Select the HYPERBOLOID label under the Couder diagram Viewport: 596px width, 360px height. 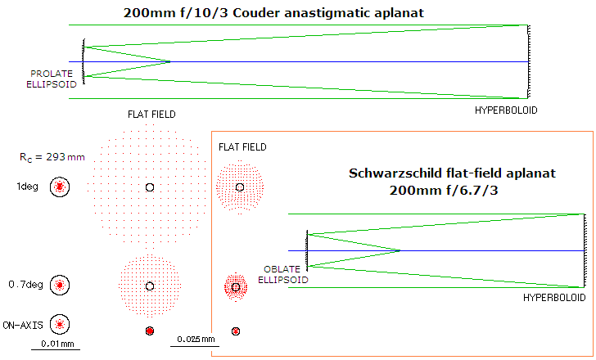pyautogui.click(x=508, y=110)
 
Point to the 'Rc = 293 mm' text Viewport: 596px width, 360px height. pyautogui.click(x=52, y=156)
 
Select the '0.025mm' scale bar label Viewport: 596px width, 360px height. pyautogui.click(x=193, y=339)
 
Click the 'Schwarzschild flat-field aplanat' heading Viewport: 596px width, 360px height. pyautogui.click(x=453, y=173)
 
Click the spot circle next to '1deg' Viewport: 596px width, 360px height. pyautogui.click(x=59, y=187)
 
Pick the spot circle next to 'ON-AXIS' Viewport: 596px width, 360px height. pyautogui.click(x=59, y=324)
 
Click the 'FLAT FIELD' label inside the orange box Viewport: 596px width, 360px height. pyautogui.click(x=242, y=146)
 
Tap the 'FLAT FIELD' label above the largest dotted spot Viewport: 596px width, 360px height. pyautogui.click(x=151, y=115)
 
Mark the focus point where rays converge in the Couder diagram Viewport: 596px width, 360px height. pyautogui.click(x=169, y=61)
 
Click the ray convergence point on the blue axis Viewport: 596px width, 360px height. pyautogui.click(x=399, y=250)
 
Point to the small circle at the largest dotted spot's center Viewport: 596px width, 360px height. pyautogui.click(x=149, y=187)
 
